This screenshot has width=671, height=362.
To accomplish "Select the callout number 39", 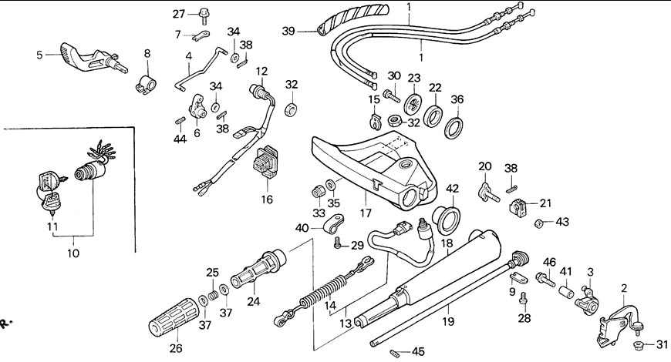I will coord(288,32).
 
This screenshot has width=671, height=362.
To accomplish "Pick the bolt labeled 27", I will coord(204,13).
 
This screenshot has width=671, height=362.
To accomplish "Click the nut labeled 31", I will coord(640,344).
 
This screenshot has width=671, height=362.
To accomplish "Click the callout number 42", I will coord(453,188).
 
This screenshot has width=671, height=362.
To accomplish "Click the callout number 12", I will coord(261,72).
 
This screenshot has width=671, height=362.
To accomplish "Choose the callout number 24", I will coord(253,302).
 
